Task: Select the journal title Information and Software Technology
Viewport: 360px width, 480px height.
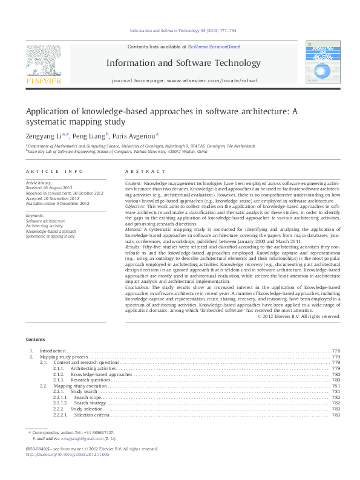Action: click(x=183, y=63)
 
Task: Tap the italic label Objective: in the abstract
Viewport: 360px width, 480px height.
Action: click(x=136, y=206)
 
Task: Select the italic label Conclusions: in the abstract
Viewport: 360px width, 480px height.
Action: click(x=137, y=288)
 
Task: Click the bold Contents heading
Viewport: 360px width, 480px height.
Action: click(x=35, y=339)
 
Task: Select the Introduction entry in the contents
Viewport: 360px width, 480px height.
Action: click(x=52, y=351)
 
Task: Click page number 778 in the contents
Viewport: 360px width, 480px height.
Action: click(x=336, y=351)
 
